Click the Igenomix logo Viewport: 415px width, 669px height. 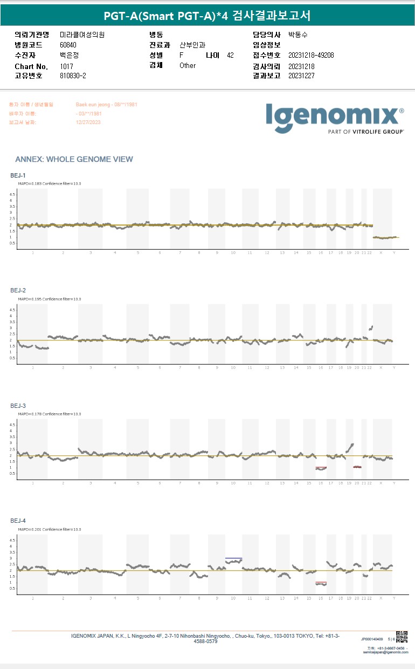click(335, 118)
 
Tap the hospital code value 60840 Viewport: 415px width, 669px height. click(68, 45)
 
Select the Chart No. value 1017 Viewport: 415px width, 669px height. click(65, 66)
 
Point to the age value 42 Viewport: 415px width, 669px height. click(230, 55)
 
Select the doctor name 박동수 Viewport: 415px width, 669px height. click(298, 35)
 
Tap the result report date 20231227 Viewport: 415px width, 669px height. click(301, 76)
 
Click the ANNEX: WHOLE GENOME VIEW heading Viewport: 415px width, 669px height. click(74, 159)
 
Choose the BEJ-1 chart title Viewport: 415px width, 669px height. click(18, 175)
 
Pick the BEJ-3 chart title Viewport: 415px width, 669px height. click(18, 405)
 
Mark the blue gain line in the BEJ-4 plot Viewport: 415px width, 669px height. click(234, 558)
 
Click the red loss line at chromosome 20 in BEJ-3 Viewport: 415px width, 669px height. click(357, 467)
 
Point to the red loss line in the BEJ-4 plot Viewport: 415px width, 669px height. click(321, 583)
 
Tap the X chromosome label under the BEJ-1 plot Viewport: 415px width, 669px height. click(381, 252)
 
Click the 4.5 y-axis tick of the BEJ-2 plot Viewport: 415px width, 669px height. click(13, 309)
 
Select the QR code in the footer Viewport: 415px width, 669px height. click(402, 636)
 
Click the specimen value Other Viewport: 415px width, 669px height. click(188, 65)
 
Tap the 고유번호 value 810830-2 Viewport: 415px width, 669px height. click(73, 76)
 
